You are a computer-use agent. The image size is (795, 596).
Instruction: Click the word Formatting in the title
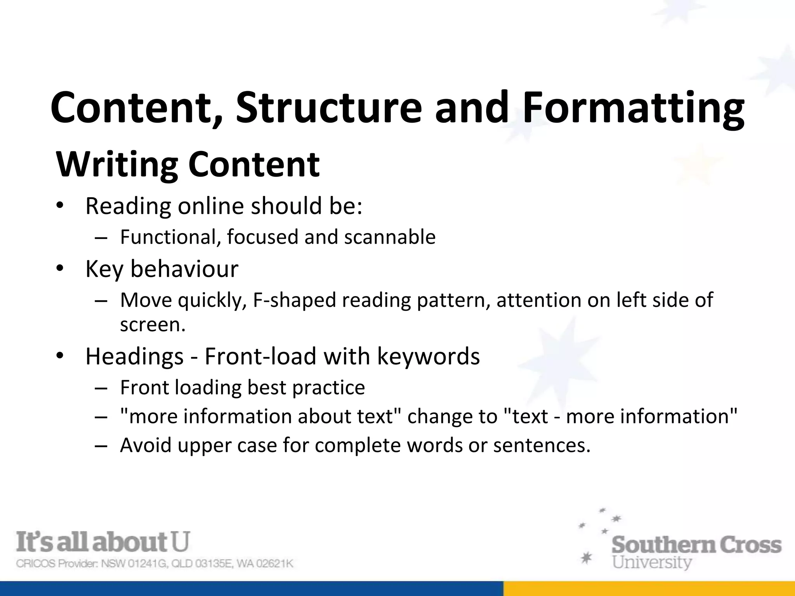point(634,108)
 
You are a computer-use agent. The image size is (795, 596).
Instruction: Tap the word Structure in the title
point(328,107)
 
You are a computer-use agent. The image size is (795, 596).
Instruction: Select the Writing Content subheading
point(188,165)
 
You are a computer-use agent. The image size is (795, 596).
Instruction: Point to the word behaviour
point(184,269)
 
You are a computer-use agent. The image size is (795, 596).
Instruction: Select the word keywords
point(428,356)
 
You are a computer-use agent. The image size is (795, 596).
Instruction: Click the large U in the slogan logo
point(180,542)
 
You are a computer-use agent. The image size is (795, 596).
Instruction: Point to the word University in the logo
point(652,562)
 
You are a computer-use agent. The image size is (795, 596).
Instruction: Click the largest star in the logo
point(586,558)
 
